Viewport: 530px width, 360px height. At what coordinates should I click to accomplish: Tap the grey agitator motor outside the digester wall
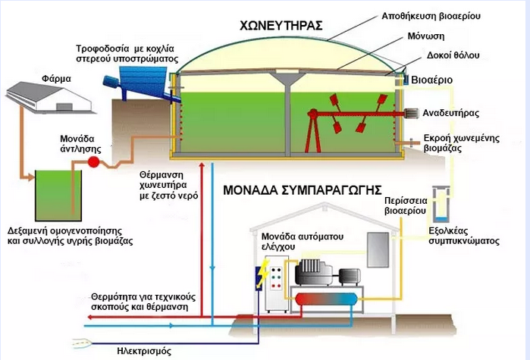412,113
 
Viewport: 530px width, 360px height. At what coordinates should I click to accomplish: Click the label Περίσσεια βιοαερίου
409,207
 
